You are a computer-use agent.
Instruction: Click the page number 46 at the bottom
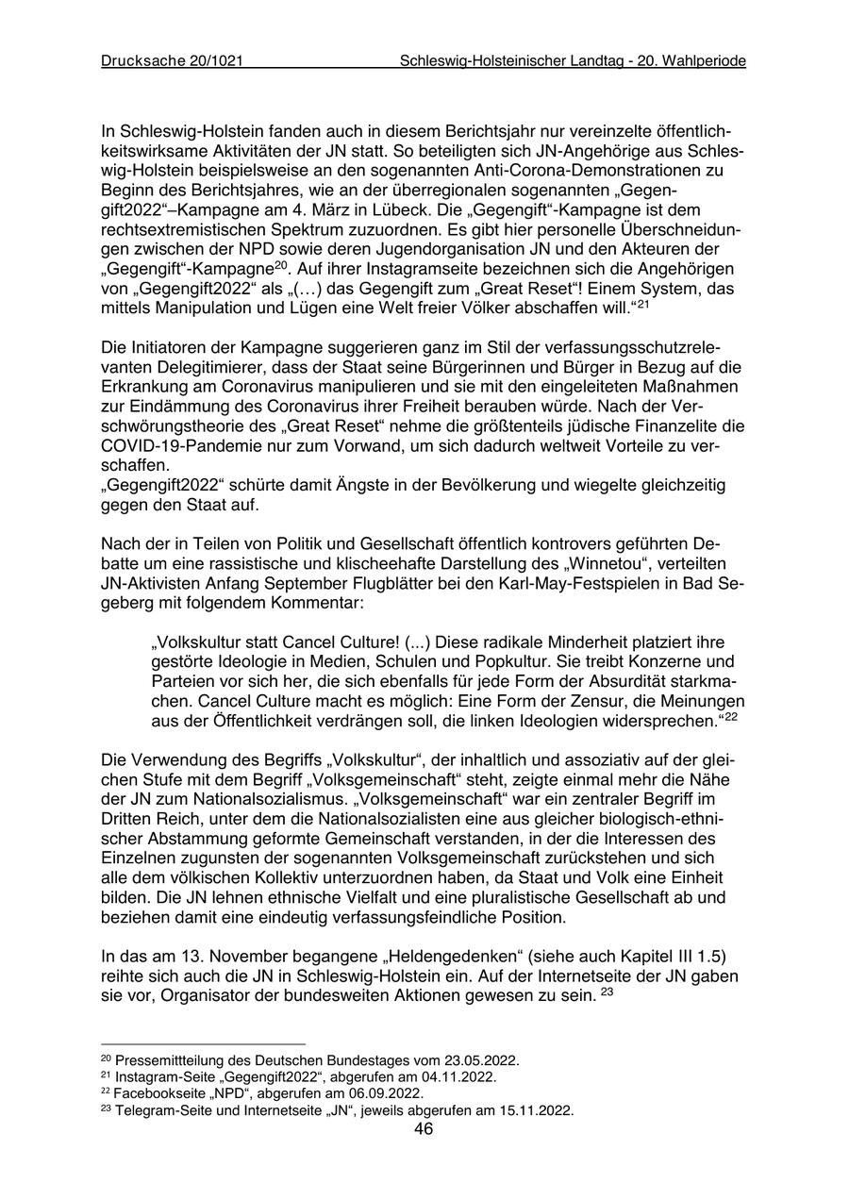(x=424, y=1129)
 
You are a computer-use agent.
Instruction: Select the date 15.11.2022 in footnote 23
(x=537, y=1110)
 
